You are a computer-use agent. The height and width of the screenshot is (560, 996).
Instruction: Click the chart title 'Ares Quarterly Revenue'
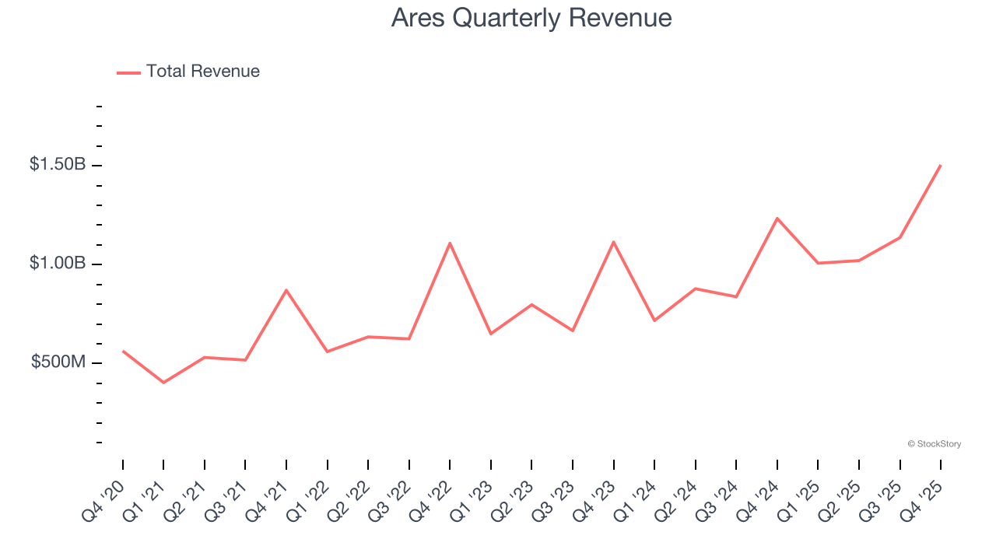pos(531,18)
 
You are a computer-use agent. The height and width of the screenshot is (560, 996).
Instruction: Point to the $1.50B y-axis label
pos(57,165)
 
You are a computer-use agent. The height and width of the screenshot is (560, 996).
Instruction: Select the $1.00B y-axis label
pos(57,264)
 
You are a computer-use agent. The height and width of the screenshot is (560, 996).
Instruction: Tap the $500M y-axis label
pos(58,362)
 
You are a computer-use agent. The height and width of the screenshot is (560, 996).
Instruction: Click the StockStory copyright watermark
pos(934,444)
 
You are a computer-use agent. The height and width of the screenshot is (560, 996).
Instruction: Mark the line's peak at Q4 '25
pos(940,166)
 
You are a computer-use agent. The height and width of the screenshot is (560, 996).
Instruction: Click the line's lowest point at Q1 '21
pos(163,383)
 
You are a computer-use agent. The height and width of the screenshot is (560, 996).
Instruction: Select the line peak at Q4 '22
pos(450,243)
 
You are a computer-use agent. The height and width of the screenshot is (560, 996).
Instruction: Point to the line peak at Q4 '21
pos(286,290)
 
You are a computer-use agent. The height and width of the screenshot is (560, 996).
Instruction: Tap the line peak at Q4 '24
pos(777,219)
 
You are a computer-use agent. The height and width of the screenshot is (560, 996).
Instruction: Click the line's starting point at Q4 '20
pos(123,351)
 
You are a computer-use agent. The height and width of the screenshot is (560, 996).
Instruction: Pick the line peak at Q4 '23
pos(613,242)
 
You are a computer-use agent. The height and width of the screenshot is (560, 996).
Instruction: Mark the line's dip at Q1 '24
pos(654,320)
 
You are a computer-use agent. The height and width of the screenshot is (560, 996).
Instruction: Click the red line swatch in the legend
pos(128,72)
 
